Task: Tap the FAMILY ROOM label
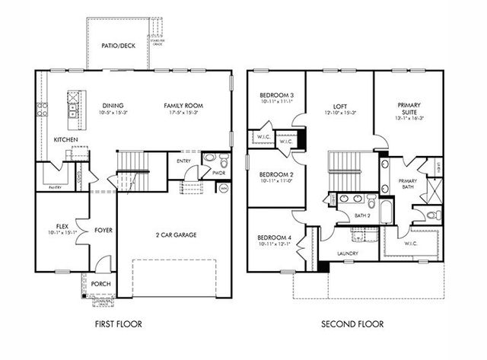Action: [182, 105]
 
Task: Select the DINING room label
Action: [113, 105]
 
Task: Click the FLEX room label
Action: [63, 226]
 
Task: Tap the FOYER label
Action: [103, 230]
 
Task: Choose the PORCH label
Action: [100, 284]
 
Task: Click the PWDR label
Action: [219, 173]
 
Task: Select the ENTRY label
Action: [184, 161]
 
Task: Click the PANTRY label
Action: [55, 186]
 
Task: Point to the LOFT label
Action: [339, 107]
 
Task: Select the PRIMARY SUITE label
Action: [409, 110]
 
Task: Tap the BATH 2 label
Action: [362, 215]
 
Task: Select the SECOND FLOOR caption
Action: [352, 324]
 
